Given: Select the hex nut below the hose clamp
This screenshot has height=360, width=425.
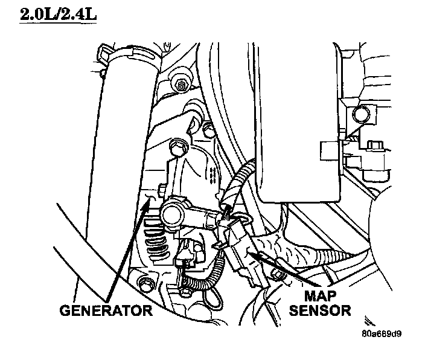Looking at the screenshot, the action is (x=179, y=84).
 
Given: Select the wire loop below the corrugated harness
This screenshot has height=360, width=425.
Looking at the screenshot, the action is (x=211, y=296).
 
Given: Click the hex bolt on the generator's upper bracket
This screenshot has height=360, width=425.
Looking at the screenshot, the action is (x=177, y=147).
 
